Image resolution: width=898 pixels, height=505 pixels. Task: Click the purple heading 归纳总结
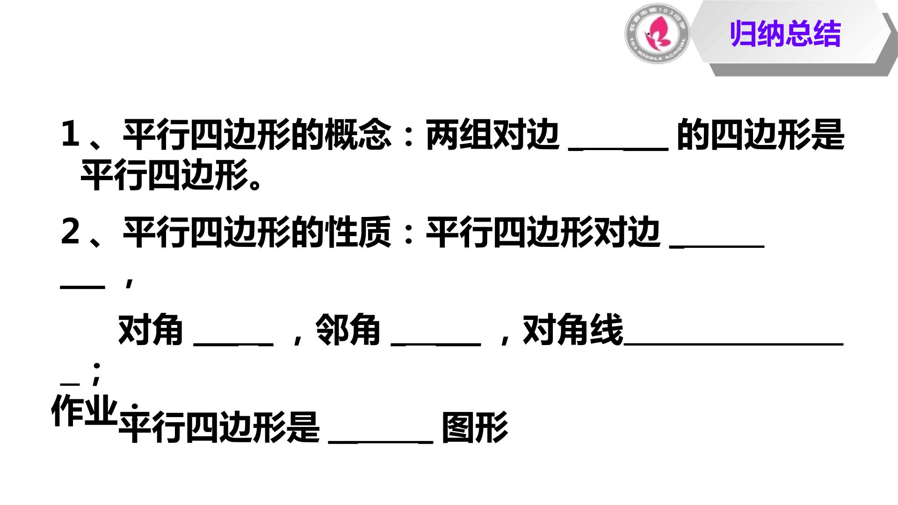(785, 34)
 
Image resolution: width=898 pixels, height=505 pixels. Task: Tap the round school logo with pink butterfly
(657, 33)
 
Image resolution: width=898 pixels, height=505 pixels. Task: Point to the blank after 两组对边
(618, 149)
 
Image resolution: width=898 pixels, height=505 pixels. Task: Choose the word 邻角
(348, 330)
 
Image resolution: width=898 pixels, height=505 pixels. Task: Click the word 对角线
(572, 330)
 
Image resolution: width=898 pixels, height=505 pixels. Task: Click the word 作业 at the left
(84, 410)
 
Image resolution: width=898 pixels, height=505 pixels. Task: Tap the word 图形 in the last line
(475, 427)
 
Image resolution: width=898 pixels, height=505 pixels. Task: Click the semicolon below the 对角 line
(96, 373)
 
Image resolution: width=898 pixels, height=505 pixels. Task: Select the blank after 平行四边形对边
(717, 246)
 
